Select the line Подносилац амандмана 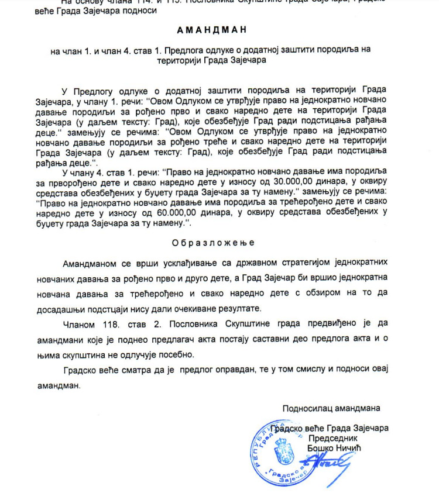click(x=331, y=408)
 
